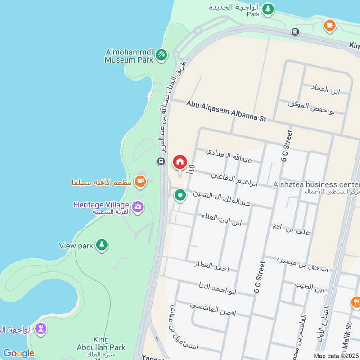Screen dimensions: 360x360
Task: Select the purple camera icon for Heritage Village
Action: [139, 207]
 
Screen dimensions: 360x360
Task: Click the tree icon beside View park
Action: [102, 245]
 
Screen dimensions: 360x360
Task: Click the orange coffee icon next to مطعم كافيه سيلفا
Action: [140, 181]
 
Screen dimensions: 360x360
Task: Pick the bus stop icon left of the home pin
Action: [161, 161]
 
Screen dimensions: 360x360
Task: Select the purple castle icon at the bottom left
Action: [41, 329]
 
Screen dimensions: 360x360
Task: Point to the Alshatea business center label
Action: [316, 184]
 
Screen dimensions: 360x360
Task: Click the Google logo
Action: [18, 353]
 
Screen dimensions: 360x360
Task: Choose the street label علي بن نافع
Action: [291, 229]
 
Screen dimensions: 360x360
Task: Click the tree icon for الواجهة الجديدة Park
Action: [268, 9]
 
